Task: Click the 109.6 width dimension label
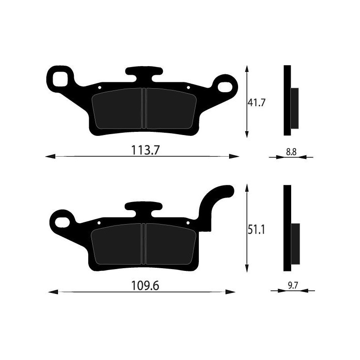(x=145, y=285)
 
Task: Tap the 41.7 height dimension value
(x=257, y=102)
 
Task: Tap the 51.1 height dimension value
(x=258, y=231)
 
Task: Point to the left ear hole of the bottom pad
(x=61, y=220)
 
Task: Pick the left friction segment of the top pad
(x=118, y=108)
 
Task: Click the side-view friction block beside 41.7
(x=294, y=108)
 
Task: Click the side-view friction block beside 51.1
(x=295, y=243)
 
